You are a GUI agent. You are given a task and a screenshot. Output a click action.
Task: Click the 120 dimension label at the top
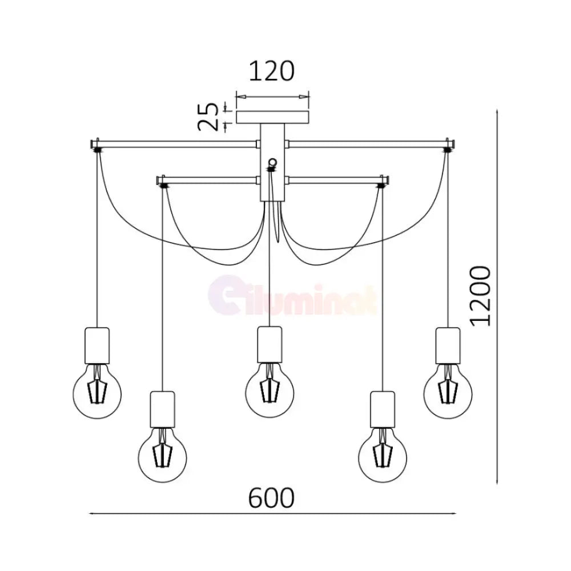[271, 71]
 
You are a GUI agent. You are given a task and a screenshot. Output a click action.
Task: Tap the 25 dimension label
[208, 116]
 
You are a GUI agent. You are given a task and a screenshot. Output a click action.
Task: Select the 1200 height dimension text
[480, 296]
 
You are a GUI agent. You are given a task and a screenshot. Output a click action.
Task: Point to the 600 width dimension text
[271, 498]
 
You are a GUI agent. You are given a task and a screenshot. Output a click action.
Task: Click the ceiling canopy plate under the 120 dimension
[273, 118]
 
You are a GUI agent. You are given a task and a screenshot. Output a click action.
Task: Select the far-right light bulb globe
[448, 394]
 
